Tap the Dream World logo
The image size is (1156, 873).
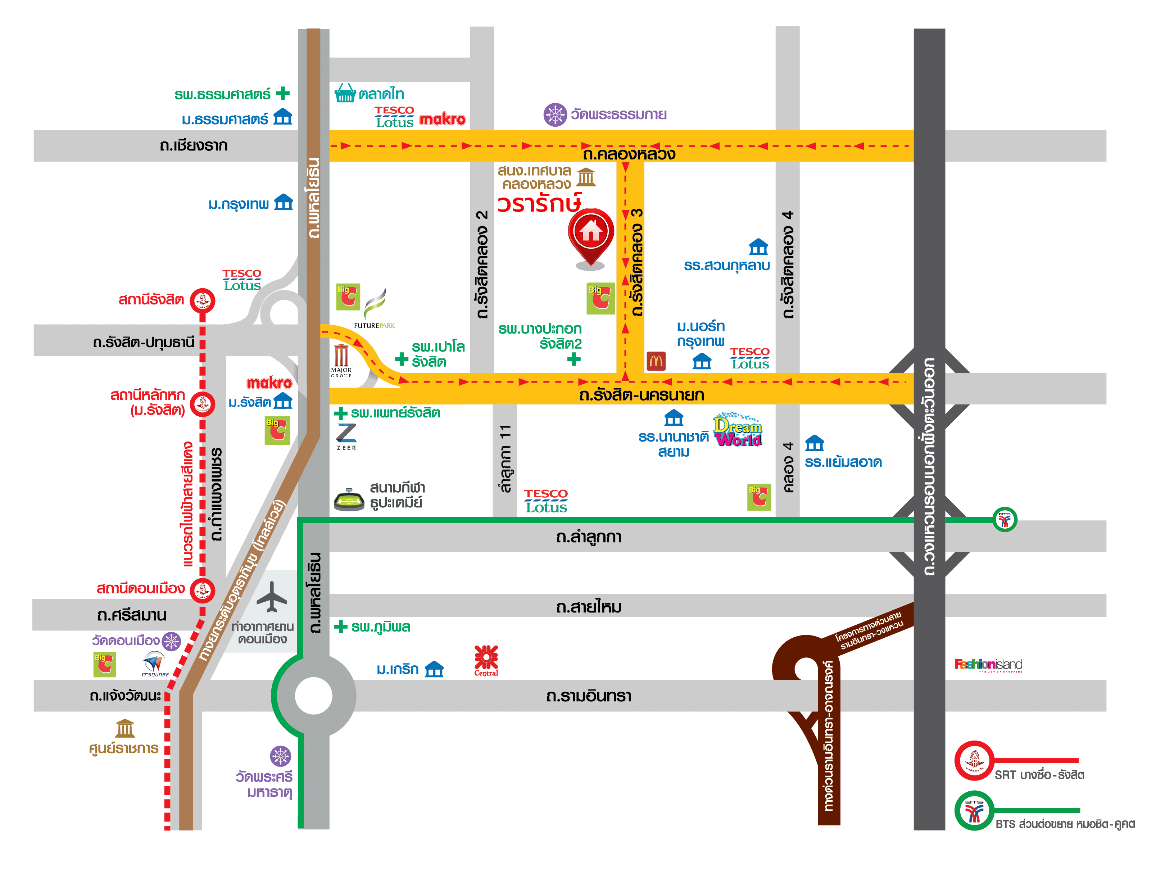(x=738, y=431)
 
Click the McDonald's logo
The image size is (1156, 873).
(x=656, y=361)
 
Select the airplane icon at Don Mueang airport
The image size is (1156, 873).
(x=272, y=597)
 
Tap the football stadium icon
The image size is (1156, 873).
(x=349, y=499)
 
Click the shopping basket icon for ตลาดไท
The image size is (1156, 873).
(x=345, y=93)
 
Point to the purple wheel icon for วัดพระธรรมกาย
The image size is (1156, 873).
(x=555, y=114)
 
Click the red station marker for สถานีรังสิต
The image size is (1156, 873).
(x=202, y=300)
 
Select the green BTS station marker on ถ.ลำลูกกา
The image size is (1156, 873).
(x=1005, y=519)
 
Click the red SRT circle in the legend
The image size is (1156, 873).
(x=974, y=760)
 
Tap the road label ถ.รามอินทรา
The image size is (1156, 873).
(x=589, y=696)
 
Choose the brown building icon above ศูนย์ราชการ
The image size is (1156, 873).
(x=125, y=728)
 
